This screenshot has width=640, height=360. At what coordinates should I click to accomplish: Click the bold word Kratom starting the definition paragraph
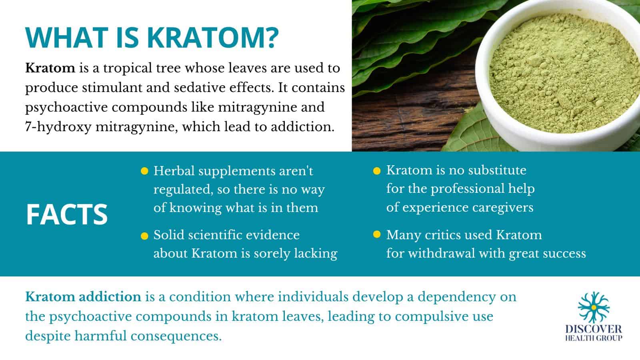click(x=50, y=68)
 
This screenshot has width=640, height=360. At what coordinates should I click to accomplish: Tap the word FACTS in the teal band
click(x=67, y=214)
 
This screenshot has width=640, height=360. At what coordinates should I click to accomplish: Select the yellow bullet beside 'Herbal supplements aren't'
click(x=144, y=172)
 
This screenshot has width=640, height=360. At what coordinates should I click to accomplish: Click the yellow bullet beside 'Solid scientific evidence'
click(x=144, y=236)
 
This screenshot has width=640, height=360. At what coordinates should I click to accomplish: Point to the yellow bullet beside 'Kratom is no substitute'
click(x=376, y=171)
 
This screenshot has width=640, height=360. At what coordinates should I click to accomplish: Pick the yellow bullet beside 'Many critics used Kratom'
click(x=376, y=235)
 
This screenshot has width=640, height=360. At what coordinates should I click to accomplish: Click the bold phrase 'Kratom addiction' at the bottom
click(x=83, y=297)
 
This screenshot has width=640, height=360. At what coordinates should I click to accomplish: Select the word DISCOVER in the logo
click(x=594, y=329)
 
